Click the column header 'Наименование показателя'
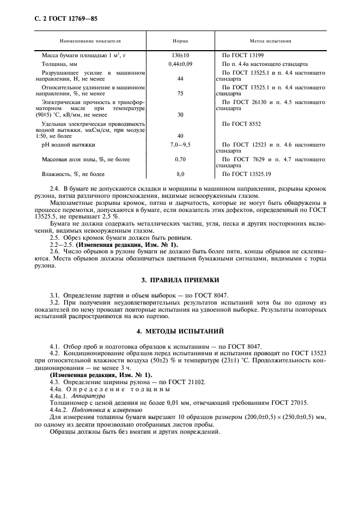(x=90, y=40)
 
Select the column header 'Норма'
(x=180, y=40)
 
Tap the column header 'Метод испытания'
(x=270, y=40)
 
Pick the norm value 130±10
(x=180, y=55)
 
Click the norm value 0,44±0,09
(x=180, y=64)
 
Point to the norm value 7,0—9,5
(x=180, y=144)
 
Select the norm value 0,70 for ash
(x=180, y=160)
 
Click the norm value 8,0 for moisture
(x=180, y=174)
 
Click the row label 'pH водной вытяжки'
(x=68, y=144)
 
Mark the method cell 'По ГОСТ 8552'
(x=242, y=124)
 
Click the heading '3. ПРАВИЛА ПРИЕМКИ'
(x=180, y=280)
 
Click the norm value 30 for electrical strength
(x=180, y=114)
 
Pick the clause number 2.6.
(x=54, y=252)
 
